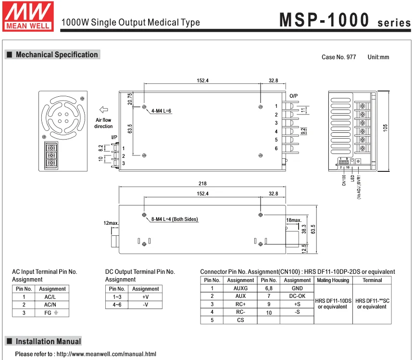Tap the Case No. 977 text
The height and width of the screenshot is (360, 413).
coord(338,57)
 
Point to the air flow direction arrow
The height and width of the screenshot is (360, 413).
coord(102,109)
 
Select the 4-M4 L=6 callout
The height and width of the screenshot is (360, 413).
coord(161,111)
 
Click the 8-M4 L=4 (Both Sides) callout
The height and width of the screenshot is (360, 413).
coord(174,219)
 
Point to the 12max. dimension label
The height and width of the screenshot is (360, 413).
coord(111,223)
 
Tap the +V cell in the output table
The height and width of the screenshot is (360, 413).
coord(145,297)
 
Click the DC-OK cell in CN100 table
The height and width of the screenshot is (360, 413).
coord(297,296)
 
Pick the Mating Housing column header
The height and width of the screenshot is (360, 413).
coord(333,280)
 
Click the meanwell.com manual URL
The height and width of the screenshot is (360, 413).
coord(106,354)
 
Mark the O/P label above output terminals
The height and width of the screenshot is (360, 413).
coord(293,96)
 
